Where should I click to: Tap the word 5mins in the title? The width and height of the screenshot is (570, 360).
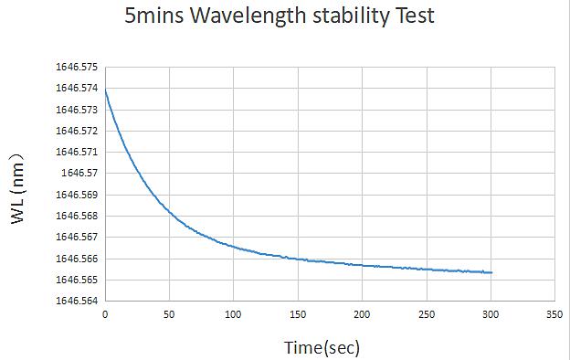pyautogui.click(x=154, y=16)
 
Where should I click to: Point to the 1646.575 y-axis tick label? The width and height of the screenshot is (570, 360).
pyautogui.click(x=77, y=68)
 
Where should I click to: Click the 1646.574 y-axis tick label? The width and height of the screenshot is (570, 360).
pyautogui.click(x=77, y=89)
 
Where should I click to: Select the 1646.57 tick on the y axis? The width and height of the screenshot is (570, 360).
pyautogui.click(x=79, y=173)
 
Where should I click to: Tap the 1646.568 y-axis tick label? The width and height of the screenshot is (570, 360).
pyautogui.click(x=77, y=216)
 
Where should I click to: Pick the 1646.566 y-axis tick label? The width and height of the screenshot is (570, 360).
pyautogui.click(x=77, y=259)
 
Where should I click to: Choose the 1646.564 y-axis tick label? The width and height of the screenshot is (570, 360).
pyautogui.click(x=77, y=301)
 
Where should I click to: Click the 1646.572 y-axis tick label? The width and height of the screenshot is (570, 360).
pyautogui.click(x=77, y=131)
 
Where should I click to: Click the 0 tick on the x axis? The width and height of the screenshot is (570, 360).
pyautogui.click(x=105, y=314)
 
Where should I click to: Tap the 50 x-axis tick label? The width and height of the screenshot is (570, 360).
pyautogui.click(x=169, y=314)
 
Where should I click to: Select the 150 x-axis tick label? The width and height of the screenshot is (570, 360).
pyautogui.click(x=298, y=314)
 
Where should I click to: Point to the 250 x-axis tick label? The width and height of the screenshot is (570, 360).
pyautogui.click(x=427, y=314)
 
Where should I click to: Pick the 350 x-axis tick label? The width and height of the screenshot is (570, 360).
pyautogui.click(x=554, y=314)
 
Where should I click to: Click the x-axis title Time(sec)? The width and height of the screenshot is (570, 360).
pyautogui.click(x=322, y=348)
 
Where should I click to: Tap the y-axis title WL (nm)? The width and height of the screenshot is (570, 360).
pyautogui.click(x=17, y=189)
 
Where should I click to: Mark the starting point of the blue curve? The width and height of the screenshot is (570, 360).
pyautogui.click(x=105, y=90)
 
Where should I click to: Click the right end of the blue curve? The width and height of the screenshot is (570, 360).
pyautogui.click(x=491, y=272)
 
